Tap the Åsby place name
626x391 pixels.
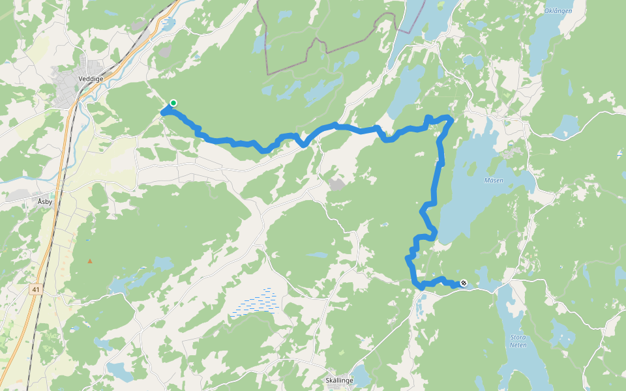click(x=45, y=202)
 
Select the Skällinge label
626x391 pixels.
click(x=339, y=381)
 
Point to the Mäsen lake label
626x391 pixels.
click(x=494, y=180)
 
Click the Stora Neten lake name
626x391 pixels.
click(x=517, y=341)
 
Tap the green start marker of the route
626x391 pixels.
click(x=173, y=102)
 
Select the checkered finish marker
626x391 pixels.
click(x=464, y=283)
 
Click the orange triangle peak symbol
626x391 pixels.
click(x=90, y=261)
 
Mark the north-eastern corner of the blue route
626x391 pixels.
click(x=450, y=118)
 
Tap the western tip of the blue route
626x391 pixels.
click(x=162, y=112)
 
